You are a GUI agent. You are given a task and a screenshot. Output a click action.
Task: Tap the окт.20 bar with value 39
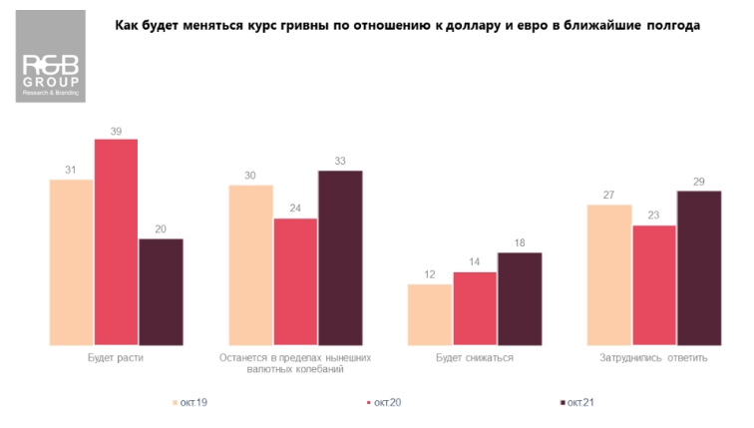(x=116, y=242)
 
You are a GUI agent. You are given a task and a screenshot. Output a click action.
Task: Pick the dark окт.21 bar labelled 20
(x=161, y=292)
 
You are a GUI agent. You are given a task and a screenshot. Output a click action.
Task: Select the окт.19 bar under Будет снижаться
(x=430, y=314)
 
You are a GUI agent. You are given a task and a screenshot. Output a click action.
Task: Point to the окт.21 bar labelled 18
(x=520, y=298)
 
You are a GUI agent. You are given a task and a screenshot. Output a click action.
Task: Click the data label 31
(x=71, y=171)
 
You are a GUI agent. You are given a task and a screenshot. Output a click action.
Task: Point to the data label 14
(x=475, y=262)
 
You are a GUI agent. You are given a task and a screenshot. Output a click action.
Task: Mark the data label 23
(x=654, y=215)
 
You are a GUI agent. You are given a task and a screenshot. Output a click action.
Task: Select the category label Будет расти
(x=116, y=357)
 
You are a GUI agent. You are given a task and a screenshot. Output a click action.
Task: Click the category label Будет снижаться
(x=475, y=357)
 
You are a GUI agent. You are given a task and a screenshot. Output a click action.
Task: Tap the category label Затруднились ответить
(x=654, y=357)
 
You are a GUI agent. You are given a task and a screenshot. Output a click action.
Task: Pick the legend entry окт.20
(x=386, y=402)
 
